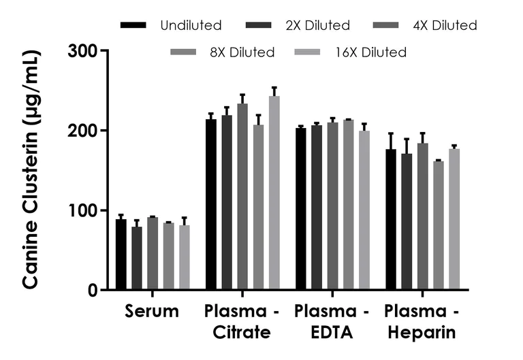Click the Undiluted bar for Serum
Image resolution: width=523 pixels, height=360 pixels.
pyautogui.click(x=121, y=255)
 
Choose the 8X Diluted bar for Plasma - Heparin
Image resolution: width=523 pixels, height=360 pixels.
pyautogui.click(x=438, y=225)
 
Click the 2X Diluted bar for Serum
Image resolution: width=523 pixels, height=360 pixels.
pyautogui.click(x=137, y=258)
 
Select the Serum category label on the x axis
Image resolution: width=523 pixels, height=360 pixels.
pyautogui.click(x=152, y=312)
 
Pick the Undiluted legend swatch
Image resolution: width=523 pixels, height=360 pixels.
pyautogui.click(x=134, y=25)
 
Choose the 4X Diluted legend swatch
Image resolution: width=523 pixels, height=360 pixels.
pyautogui.click(x=388, y=25)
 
